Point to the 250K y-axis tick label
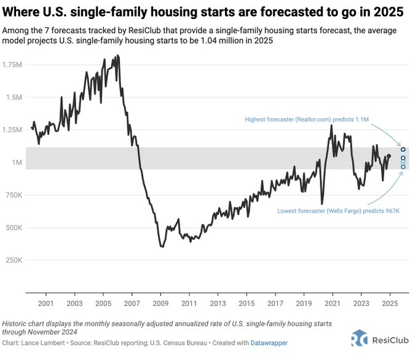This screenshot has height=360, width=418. pyautogui.click(x=12, y=260)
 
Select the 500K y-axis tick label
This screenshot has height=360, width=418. pyautogui.click(x=12, y=228)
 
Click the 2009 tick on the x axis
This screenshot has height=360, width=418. pyautogui.click(x=160, y=303)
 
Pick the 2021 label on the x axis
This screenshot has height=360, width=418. pyautogui.click(x=333, y=303)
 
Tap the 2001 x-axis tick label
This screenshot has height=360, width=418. pyautogui.click(x=45, y=303)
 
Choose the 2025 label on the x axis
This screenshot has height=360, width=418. pyautogui.click(x=390, y=303)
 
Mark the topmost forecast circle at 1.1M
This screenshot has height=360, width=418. pyautogui.click(x=403, y=149)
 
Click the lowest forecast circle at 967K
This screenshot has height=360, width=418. pyautogui.click(x=403, y=166)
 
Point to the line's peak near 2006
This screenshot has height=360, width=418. pyautogui.click(x=117, y=56)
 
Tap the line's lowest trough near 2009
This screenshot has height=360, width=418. pyautogui.click(x=162, y=246)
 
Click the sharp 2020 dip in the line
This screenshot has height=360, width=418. pyautogui.click(x=321, y=204)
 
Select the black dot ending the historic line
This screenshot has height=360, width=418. pyautogui.click(x=388, y=156)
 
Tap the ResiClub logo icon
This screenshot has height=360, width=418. pyautogui.click(x=360, y=338)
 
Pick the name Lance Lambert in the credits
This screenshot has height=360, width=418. pyautogui.click(x=47, y=342)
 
